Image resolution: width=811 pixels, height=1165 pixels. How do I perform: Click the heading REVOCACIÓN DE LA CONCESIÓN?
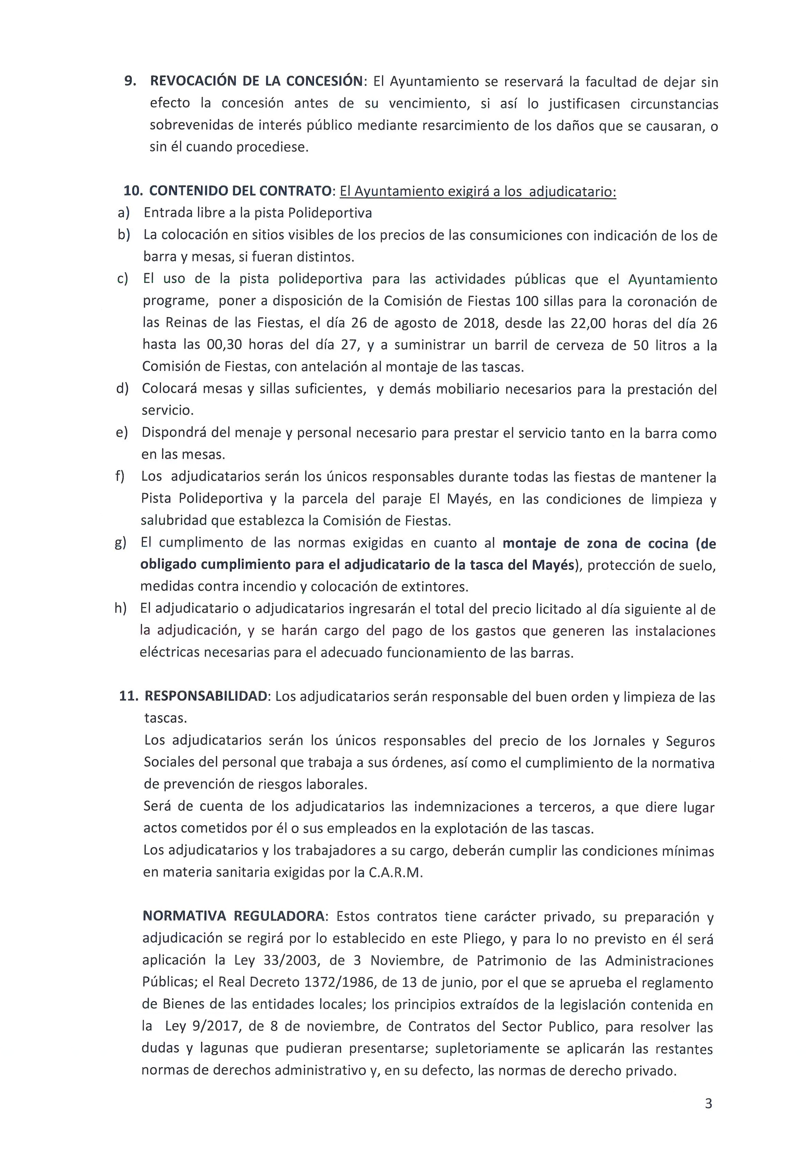pyautogui.click(x=257, y=81)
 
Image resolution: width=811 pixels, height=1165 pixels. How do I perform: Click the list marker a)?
pyautogui.click(x=124, y=213)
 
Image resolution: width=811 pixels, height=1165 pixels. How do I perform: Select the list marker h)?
pyautogui.click(x=121, y=608)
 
